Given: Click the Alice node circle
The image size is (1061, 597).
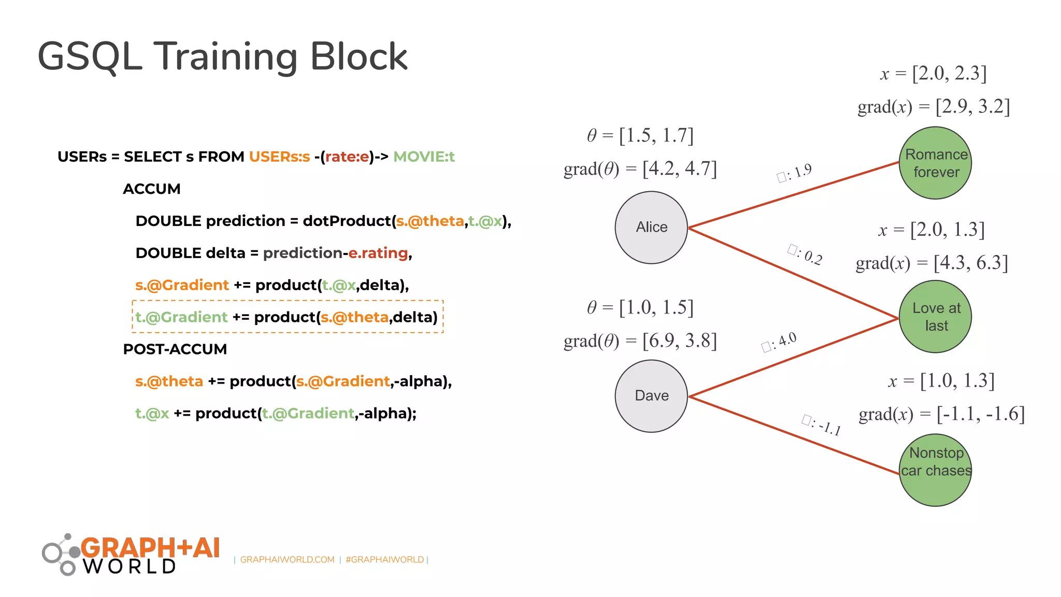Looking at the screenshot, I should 651,228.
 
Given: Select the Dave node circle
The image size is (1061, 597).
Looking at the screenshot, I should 651,396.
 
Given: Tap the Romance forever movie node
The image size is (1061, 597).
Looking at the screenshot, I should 935,163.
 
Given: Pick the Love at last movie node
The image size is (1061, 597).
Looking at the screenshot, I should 935,317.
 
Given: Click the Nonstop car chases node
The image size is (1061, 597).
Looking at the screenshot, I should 935,470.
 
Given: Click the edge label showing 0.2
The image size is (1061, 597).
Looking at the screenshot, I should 805,254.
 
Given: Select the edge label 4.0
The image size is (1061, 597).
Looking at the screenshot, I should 779,342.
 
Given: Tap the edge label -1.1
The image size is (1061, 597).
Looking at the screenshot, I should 822,425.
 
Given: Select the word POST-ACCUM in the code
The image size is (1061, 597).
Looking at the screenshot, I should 175,349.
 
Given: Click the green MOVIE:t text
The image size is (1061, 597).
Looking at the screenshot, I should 424,157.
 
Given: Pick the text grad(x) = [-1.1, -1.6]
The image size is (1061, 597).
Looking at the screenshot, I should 941,414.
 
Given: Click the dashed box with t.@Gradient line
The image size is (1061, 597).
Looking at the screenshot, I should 288,317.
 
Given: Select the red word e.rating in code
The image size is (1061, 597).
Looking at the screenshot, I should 378,253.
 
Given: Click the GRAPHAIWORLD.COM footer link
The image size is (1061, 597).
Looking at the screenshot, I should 287,560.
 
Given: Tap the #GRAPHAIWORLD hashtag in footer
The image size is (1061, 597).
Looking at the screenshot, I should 384,560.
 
